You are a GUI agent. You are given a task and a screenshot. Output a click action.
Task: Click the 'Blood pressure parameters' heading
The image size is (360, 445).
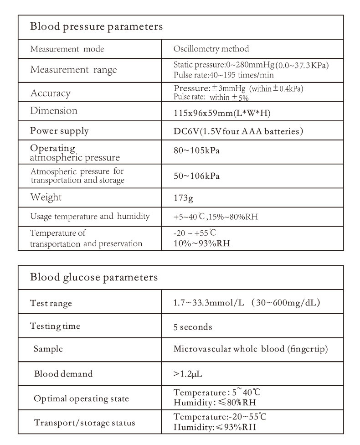(96, 27)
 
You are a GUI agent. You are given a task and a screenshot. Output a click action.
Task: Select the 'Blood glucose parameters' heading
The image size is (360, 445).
(94, 277)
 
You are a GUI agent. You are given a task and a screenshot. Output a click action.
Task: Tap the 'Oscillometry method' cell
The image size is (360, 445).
(211, 49)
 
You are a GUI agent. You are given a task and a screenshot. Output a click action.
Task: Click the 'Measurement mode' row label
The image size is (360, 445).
(67, 49)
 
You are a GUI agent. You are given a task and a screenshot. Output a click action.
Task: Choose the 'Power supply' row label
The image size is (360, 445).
(59, 131)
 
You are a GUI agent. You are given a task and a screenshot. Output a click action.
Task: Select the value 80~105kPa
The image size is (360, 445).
(196, 151)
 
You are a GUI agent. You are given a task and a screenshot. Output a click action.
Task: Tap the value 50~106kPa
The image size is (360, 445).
(196, 176)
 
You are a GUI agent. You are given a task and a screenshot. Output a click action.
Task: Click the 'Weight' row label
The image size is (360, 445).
(46, 198)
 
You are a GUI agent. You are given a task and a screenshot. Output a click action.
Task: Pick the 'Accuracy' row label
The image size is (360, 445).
(50, 93)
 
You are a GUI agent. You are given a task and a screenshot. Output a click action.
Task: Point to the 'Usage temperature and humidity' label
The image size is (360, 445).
(90, 217)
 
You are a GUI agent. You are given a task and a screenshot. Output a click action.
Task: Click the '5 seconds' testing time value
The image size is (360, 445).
(193, 327)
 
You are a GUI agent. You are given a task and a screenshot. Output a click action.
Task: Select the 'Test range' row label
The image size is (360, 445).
(51, 303)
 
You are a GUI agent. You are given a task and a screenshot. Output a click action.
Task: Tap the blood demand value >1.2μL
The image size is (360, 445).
(188, 374)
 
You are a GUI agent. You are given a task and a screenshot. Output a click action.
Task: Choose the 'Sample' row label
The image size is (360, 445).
(48, 349)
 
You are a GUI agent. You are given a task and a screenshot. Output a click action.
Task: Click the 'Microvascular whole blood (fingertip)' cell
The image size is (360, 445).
(251, 349)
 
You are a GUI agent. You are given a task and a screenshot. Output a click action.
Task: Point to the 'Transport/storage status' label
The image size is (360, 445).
(85, 423)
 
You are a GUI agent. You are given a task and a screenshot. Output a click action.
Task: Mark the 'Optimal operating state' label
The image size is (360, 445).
(82, 398)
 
